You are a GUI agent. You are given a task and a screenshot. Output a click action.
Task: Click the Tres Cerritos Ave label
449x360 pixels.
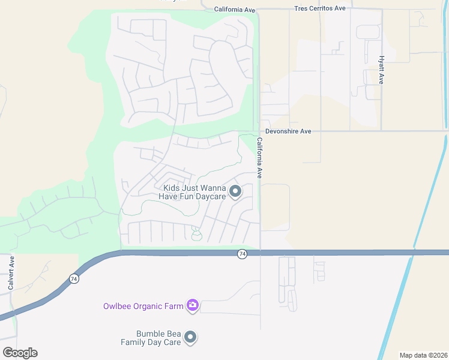pos(320,8)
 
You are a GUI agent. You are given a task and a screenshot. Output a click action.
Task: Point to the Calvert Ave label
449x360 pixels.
pos(11,273)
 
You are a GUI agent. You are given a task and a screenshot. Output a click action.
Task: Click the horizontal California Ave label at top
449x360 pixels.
pos(235,10)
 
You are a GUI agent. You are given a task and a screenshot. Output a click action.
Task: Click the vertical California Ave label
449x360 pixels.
pos(260,158)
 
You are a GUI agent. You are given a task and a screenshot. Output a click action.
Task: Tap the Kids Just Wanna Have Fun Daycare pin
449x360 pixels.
pos(235,191)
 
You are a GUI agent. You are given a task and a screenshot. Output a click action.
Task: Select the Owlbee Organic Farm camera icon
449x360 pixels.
pos(193,306)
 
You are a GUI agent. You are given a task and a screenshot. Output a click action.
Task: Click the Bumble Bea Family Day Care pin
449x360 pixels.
pos(190,338)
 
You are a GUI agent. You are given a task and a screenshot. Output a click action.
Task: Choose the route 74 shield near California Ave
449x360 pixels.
pos(242,254)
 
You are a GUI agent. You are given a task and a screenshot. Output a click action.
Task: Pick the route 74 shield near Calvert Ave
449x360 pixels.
pos(74,278)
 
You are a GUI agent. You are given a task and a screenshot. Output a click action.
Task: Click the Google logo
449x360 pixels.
pos(20,353)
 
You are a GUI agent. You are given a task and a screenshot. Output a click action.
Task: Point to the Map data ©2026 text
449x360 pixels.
pos(423,355)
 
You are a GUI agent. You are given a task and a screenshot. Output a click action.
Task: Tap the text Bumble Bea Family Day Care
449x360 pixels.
pos(158,338)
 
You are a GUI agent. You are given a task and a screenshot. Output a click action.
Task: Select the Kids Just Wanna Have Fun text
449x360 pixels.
pos(193,191)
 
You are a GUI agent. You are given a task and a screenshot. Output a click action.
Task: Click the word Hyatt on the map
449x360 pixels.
pos(381,62)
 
